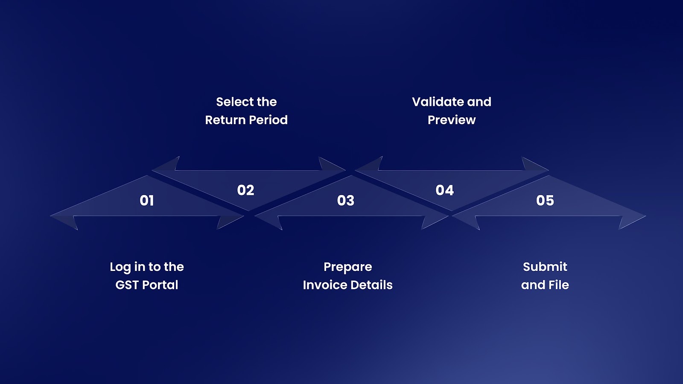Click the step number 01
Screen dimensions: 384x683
tap(147, 201)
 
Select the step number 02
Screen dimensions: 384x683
tap(245, 190)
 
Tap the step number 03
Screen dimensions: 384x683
tap(346, 201)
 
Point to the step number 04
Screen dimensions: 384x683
tap(444, 190)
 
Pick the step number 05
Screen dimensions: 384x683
tap(545, 201)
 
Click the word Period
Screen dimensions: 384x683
tap(268, 120)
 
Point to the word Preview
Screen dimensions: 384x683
tap(452, 120)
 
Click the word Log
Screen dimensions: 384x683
tap(120, 268)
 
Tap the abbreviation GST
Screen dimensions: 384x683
tap(127, 285)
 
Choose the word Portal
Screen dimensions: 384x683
tap(160, 285)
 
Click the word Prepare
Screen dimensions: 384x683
tap(348, 268)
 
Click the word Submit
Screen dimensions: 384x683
tap(545, 267)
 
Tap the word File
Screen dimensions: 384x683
tap(559, 285)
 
